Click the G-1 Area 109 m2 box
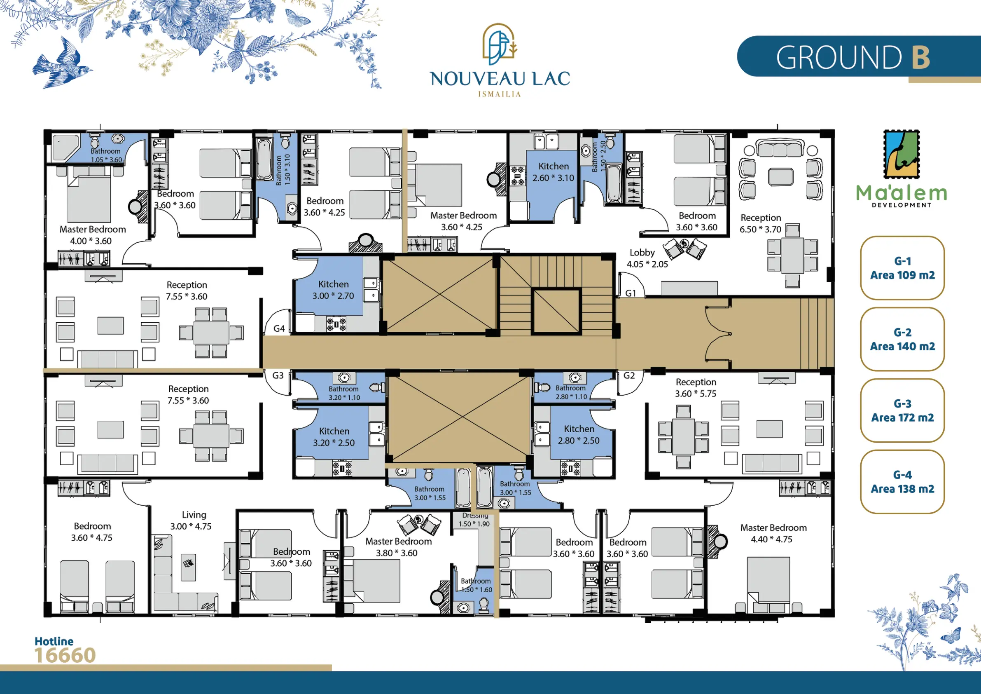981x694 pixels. pos(902,268)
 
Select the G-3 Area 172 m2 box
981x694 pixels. pos(902,410)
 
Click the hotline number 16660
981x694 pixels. pos(65,656)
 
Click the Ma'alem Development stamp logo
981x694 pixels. pos(902,155)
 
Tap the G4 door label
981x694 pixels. pos(279,328)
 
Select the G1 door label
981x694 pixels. pos(631,293)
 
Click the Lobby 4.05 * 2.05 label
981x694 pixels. pos(647,258)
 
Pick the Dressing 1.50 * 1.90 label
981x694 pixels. pos(474,520)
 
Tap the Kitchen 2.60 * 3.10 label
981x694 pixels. pos(554,172)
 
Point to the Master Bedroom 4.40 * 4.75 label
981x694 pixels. pos(773,533)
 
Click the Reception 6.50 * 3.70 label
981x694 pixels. pos(761,223)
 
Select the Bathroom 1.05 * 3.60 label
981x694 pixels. pos(106,155)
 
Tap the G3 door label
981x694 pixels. pos(278,375)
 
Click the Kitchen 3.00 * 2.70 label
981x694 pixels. pos(333,290)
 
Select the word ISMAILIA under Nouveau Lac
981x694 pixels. pos(500,94)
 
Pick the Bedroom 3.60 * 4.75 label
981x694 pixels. pos(92,532)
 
